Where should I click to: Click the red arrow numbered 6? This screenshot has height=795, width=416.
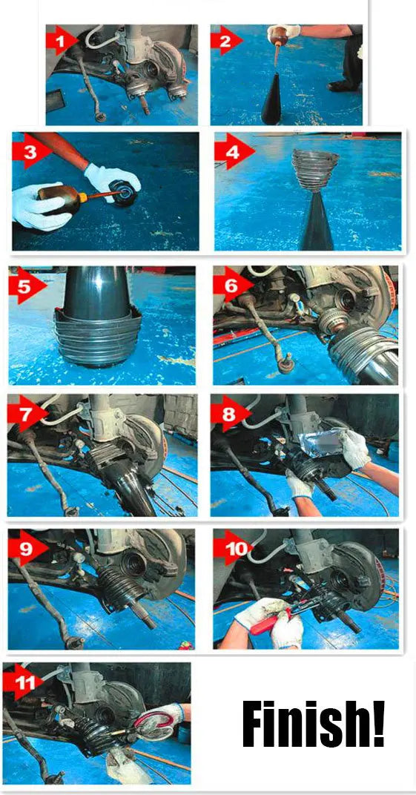pyautogui.click(x=231, y=286)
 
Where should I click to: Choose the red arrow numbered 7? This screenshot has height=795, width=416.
pyautogui.click(x=24, y=414)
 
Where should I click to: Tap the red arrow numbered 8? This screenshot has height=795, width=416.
pyautogui.click(x=228, y=413)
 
